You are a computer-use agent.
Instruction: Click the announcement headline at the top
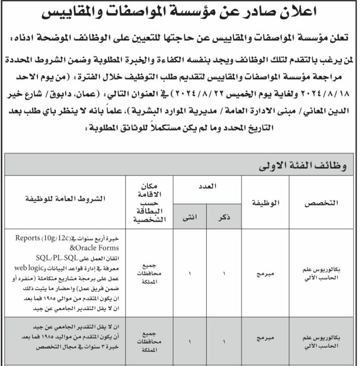coord(180,14)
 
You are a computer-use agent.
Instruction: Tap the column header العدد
coord(207,186)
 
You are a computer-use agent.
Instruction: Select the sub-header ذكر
coord(225,216)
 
